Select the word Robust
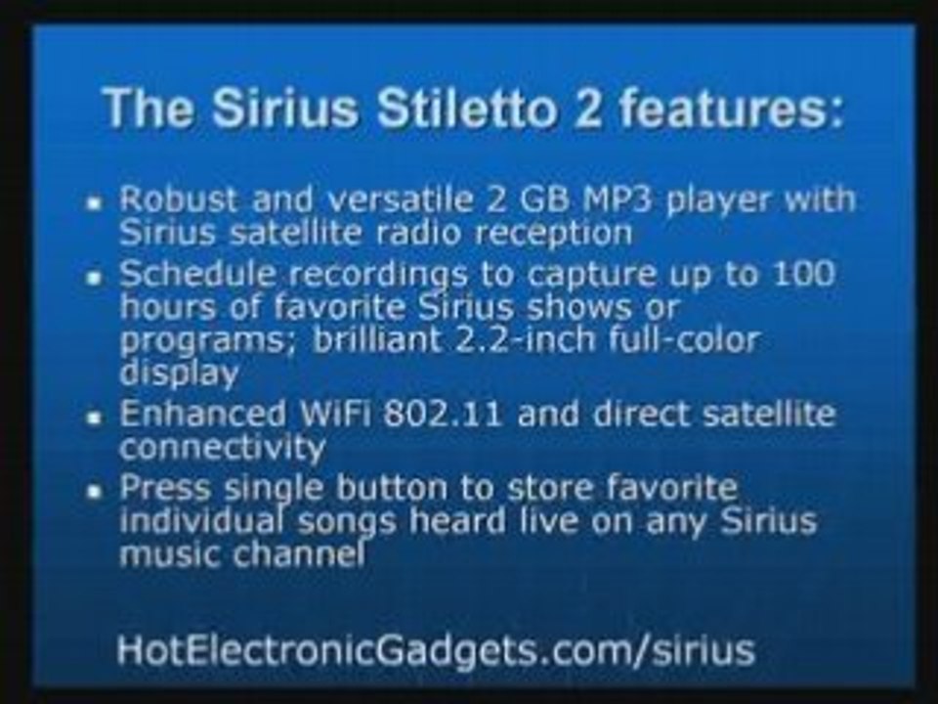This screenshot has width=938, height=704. [178, 199]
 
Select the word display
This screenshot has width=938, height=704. [178, 373]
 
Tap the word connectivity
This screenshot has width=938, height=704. [222, 447]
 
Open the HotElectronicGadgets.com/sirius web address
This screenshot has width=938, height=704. [435, 649]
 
